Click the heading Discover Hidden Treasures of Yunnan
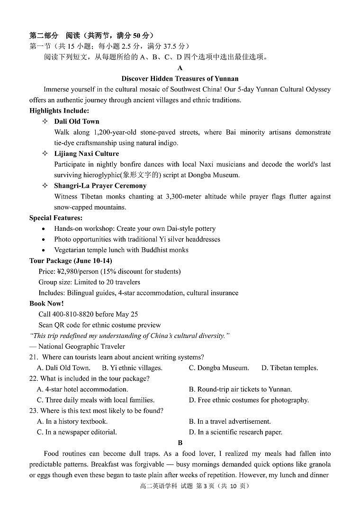[x=180, y=79]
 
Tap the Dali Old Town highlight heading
[x=76, y=121]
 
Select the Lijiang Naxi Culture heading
[x=86, y=154]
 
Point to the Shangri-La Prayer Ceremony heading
[x=100, y=186]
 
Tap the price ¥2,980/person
[x=69, y=272]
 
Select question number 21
[x=34, y=357]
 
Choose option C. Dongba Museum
[x=218, y=368]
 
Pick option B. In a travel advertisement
[x=230, y=421]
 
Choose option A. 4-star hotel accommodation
[x=76, y=389]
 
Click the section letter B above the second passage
[x=180, y=443]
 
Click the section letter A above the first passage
[x=180, y=68]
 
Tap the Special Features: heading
[x=56, y=218]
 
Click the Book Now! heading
[x=46, y=303]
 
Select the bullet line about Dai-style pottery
[x=135, y=228]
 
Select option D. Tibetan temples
[x=289, y=368]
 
